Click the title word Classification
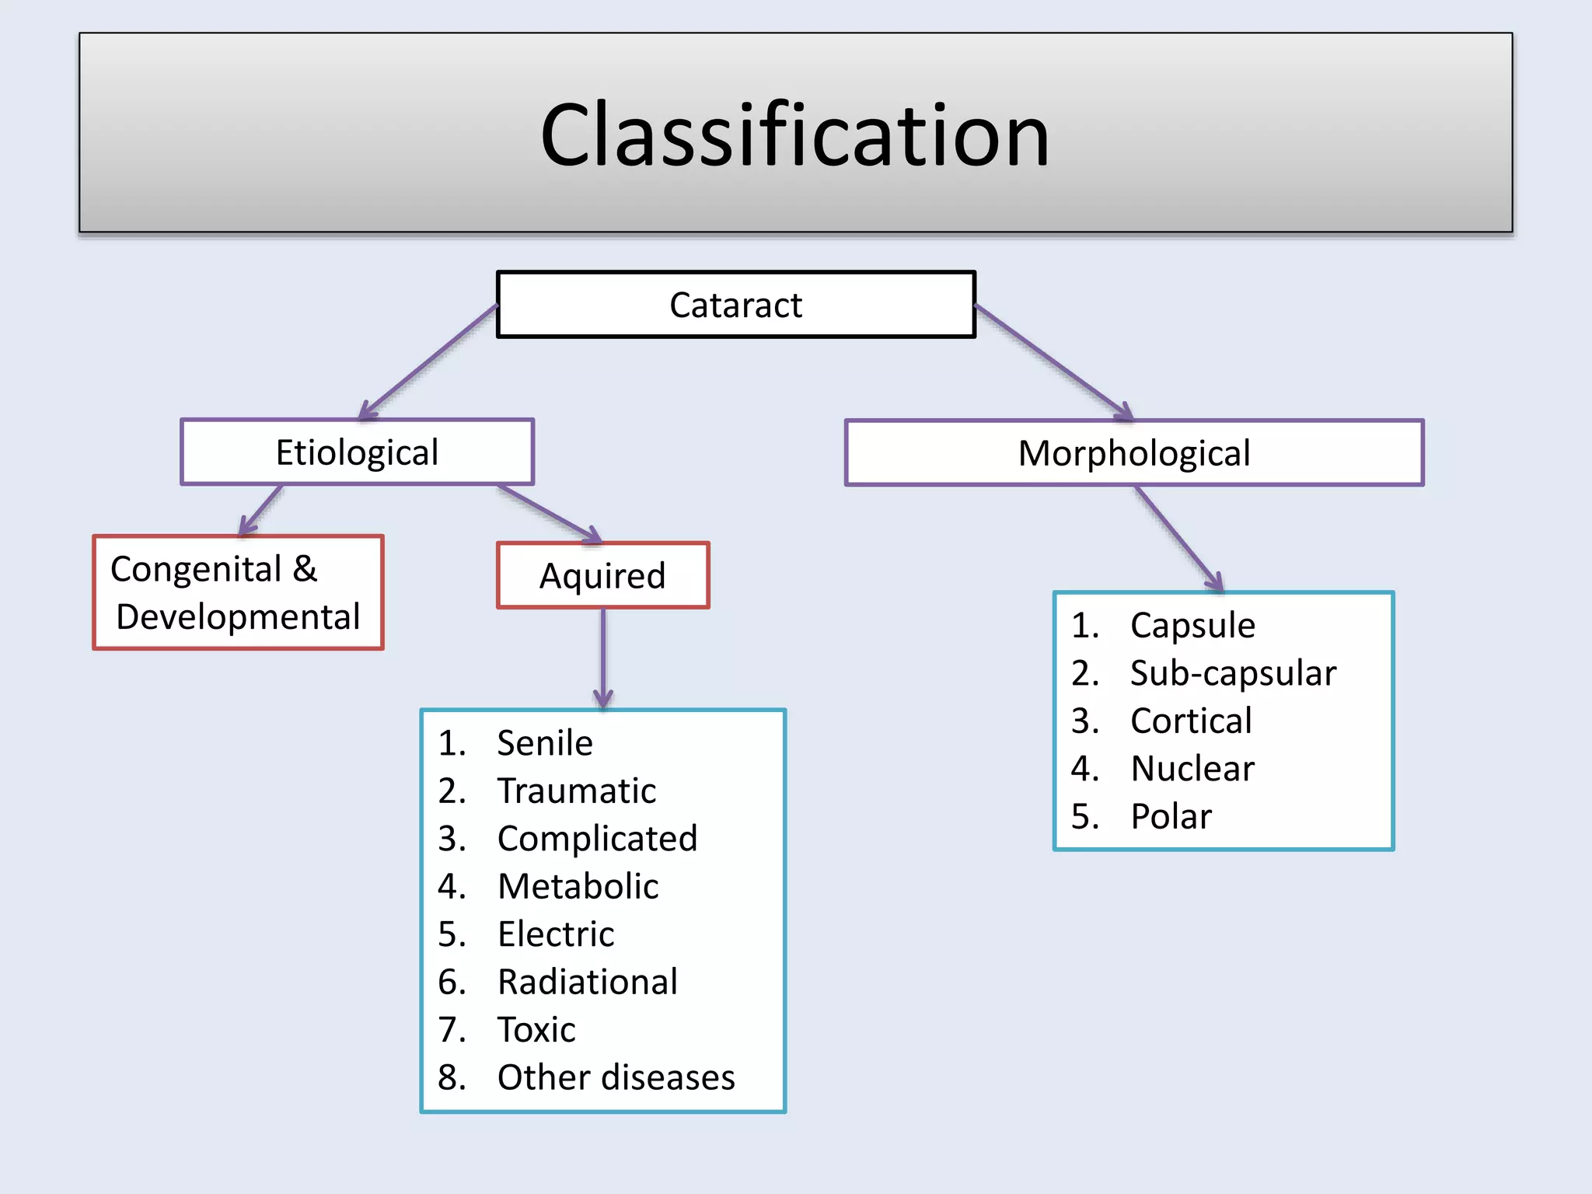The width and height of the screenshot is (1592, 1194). [x=794, y=135]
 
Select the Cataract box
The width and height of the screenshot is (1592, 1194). [x=735, y=305]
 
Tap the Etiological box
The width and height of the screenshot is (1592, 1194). [x=357, y=452]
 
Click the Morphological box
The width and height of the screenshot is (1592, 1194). [x=1134, y=453]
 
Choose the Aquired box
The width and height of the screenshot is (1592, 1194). [x=602, y=576]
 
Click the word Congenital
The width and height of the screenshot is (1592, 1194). [x=196, y=569]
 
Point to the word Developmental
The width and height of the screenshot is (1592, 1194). [x=238, y=617]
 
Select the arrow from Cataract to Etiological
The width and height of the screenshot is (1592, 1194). [x=428, y=361]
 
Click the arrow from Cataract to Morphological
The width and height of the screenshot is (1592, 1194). [x=1053, y=361]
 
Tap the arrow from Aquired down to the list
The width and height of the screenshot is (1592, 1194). [x=603, y=658]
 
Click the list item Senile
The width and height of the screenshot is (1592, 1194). [x=545, y=743]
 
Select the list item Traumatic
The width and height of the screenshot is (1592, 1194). [x=577, y=791]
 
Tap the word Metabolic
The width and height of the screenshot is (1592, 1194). [x=578, y=887]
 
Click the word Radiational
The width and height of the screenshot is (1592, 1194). [x=588, y=982]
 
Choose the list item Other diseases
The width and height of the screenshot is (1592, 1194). [x=616, y=1077]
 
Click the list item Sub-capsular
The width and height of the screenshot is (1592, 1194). [x=1233, y=673]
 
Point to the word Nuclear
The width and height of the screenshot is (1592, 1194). [x=1192, y=769]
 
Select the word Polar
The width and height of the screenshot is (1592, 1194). [x=1171, y=817]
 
